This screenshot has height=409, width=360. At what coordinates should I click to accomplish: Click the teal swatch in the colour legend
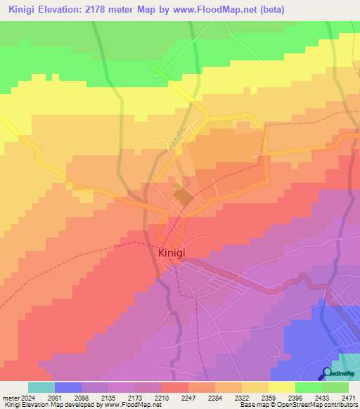[x=41, y=387]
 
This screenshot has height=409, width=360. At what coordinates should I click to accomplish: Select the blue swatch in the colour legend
[x=67, y=387]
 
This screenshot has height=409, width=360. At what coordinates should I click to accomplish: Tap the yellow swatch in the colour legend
[x=281, y=387]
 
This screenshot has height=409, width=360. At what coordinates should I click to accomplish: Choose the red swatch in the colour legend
[x=174, y=387]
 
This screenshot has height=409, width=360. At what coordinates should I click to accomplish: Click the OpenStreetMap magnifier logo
[x=328, y=373]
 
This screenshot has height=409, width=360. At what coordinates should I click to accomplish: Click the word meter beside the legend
[x=8, y=398]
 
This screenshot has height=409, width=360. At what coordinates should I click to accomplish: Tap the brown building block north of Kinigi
[x=183, y=197]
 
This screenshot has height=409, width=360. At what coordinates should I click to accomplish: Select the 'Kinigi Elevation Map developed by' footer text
[x=49, y=405]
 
